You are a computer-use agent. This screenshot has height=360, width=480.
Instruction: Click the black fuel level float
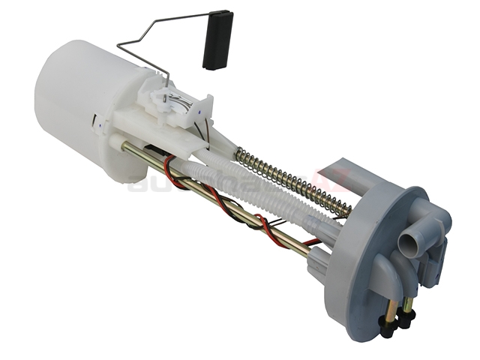(217, 40)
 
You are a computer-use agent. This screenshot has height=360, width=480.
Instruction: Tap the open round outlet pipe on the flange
(407, 244)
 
